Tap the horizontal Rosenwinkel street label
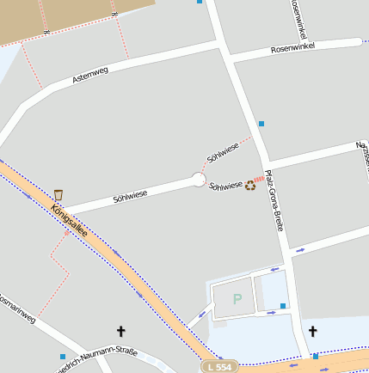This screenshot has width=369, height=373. coord(292,46)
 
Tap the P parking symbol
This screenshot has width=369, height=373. coord(237,299)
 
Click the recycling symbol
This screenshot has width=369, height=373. coord(250,184)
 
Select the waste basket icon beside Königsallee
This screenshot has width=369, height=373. coord(58,195)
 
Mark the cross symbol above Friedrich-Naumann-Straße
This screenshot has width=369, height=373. coord(120,330)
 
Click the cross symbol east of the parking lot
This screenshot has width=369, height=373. coord(312,331)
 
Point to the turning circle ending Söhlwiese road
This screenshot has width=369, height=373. coord(199,180)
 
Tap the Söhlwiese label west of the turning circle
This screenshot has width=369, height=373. coord(130,195)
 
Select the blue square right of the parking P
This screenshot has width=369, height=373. coord(283,305)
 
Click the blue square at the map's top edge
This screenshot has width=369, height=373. coord(200,2)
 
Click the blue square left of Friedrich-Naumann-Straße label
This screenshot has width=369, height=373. coord(63,356)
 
